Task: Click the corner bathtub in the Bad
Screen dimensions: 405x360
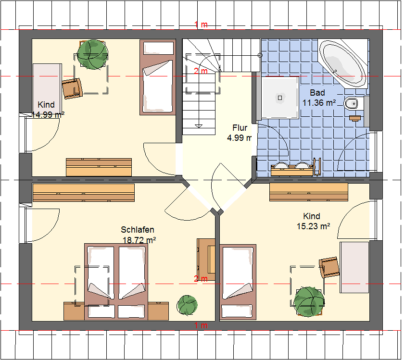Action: (342, 63)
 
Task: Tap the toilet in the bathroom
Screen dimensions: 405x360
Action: (351, 103)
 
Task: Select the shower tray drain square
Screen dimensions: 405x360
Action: (280, 98)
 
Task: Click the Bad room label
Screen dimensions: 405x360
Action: (317, 92)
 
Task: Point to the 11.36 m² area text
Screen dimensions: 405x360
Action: (319, 103)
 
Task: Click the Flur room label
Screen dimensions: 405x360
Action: (240, 127)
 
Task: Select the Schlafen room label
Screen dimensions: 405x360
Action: (138, 229)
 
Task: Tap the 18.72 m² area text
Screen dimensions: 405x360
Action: (139, 240)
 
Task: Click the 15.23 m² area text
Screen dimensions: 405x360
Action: (313, 226)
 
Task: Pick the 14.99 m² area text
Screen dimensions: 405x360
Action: (48, 114)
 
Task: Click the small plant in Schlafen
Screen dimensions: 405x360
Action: (187, 305)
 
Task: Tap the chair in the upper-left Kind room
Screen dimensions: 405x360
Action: (72, 88)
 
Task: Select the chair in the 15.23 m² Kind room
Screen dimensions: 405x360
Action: (329, 267)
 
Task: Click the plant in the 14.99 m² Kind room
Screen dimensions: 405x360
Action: (92, 54)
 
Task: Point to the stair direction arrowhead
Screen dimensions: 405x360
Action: (199, 126)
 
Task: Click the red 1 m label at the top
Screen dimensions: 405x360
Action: (201, 25)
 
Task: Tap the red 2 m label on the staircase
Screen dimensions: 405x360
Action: (201, 71)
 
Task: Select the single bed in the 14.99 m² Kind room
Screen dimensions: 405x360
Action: (158, 77)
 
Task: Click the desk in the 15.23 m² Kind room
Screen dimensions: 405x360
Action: (354, 267)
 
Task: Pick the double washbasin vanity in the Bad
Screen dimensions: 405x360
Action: (292, 170)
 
